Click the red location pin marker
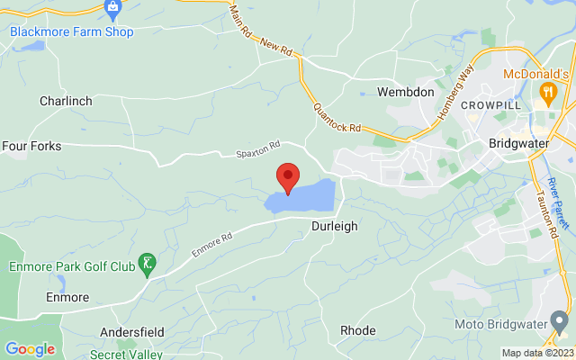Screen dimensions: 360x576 tap(288, 176)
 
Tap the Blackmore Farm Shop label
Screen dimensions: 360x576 tap(71, 32)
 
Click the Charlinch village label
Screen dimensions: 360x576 tap(66, 102)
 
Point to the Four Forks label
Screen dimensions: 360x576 tap(32, 145)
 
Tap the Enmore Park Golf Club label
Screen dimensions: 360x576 tap(71, 266)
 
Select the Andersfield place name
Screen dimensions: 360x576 tap(130, 330)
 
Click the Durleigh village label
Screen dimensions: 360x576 tap(335, 227)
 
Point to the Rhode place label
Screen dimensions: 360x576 tap(357, 331)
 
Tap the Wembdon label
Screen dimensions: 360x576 tap(405, 93)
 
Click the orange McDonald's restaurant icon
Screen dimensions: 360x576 tap(545, 92)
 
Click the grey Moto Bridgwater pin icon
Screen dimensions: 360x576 tap(561, 321)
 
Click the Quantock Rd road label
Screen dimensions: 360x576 tap(337, 116)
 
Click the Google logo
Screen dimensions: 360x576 tap(30, 349)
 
